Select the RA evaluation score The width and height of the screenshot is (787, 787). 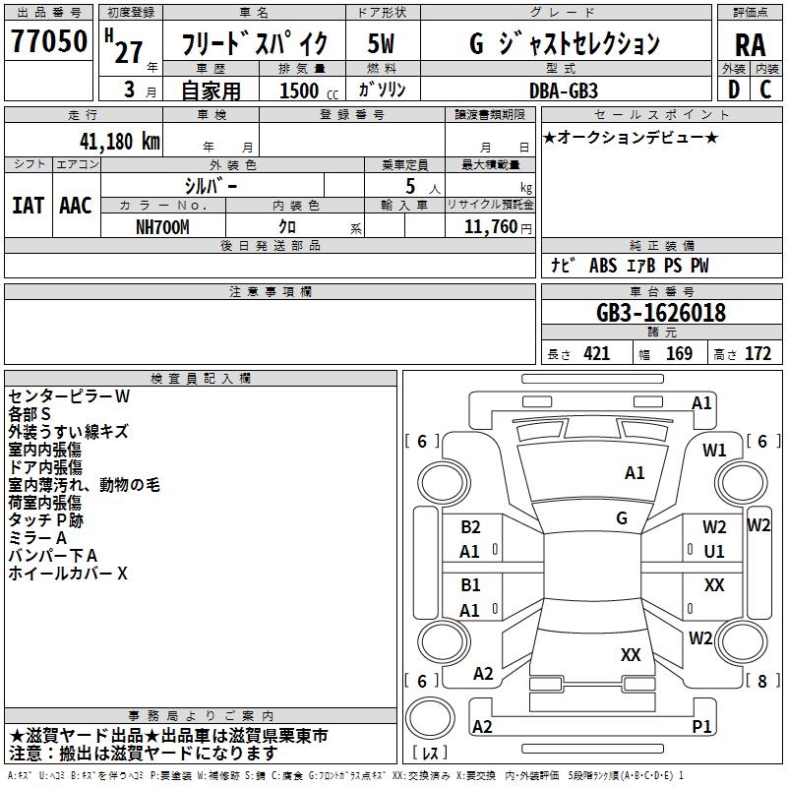[x=750, y=44]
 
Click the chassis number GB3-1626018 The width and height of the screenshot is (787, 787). [x=661, y=313]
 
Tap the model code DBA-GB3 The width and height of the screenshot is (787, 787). [x=562, y=90]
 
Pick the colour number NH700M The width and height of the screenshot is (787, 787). [x=162, y=226]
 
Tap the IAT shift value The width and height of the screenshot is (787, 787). [x=28, y=205]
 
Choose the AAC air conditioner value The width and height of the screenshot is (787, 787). [x=76, y=205]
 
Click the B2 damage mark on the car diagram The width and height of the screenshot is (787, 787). [x=470, y=527]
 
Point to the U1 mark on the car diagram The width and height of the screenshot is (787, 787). [x=714, y=552]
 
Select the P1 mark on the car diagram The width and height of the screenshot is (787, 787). [x=701, y=726]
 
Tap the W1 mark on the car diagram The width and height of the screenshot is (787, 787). [x=714, y=451]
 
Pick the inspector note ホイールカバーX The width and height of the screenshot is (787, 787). [x=68, y=573]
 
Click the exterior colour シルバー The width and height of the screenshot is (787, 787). [x=211, y=185]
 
